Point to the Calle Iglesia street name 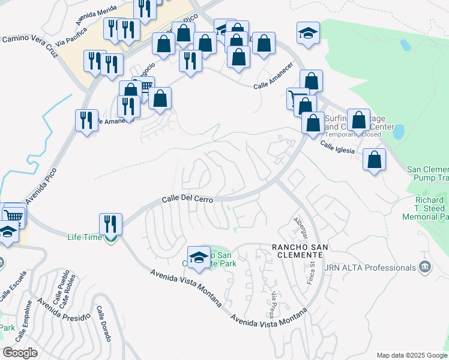(x=341, y=148)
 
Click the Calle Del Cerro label (x=187, y=200)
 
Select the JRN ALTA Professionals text (x=370, y=267)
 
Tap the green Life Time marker (x=110, y=238)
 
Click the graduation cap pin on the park (x=199, y=257)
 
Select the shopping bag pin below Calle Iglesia (x=374, y=160)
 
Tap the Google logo (x=20, y=353)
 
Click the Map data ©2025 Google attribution (x=411, y=355)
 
